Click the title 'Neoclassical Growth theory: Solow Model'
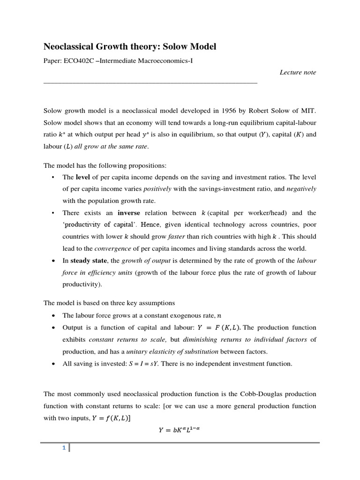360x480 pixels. (130, 46)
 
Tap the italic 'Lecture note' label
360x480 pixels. (298, 72)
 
